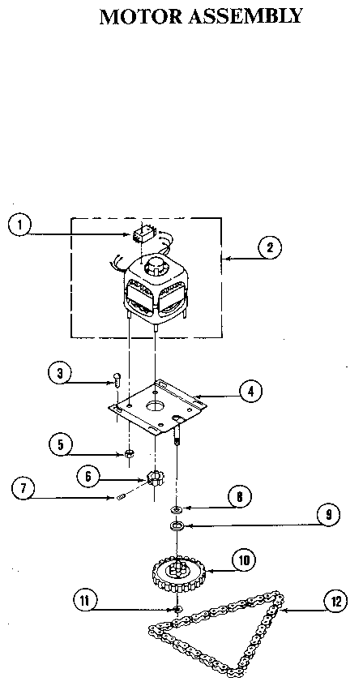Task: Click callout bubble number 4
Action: tap(252, 391)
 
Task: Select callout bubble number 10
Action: tap(243, 559)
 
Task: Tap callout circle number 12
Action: tap(335, 601)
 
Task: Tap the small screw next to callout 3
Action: tap(116, 379)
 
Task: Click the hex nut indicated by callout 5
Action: tap(129, 451)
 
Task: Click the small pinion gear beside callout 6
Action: tap(154, 477)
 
